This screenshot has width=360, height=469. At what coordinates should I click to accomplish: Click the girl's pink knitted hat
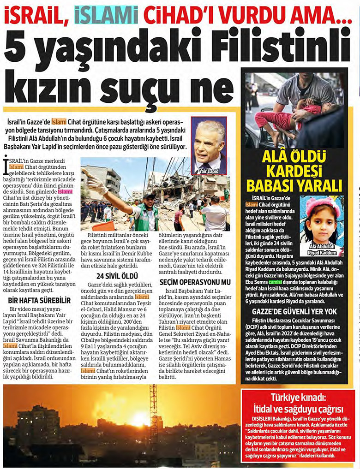coord(320,205)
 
